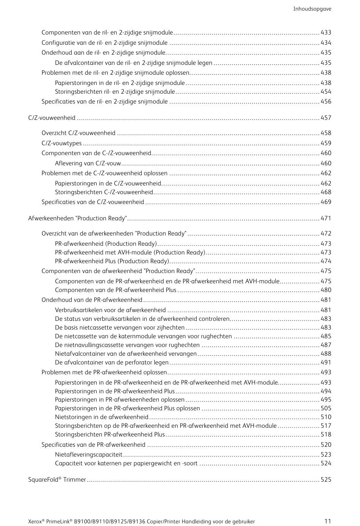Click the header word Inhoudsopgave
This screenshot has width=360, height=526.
pyautogui.click(x=312, y=9)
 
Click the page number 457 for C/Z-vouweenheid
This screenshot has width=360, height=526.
pyautogui.click(x=326, y=118)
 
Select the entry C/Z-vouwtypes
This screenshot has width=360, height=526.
pyautogui.click(x=61, y=143)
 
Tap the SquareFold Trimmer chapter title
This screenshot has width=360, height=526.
pyautogui.click(x=57, y=480)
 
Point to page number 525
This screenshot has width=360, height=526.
pyautogui.click(x=326, y=480)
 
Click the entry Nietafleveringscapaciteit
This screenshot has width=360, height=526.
pyautogui.click(x=89, y=455)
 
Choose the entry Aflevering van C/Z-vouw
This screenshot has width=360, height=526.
pyautogui.click(x=88, y=163)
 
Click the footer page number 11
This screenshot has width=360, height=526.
pyautogui.click(x=328, y=521)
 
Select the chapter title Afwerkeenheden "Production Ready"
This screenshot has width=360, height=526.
pyautogui.click(x=77, y=218)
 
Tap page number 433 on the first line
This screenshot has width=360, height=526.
pyautogui.click(x=326, y=33)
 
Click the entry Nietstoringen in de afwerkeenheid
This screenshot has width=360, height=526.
pyautogui.click(x=102, y=417)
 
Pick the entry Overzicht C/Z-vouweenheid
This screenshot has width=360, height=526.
pyautogui.click(x=78, y=133)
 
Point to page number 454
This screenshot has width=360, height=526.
pyautogui.click(x=326, y=92)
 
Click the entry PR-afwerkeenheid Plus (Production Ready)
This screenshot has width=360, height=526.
pyautogui.click(x=112, y=261)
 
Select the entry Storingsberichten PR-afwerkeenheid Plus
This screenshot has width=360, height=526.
pyautogui.click(x=110, y=435)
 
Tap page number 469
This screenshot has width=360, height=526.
pyautogui.click(x=326, y=202)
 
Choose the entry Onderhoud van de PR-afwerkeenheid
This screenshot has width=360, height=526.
pyautogui.click(x=92, y=300)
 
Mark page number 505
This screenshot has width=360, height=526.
pyautogui.click(x=326, y=408)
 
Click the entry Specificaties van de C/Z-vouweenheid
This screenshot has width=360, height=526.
pyautogui.click(x=93, y=202)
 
